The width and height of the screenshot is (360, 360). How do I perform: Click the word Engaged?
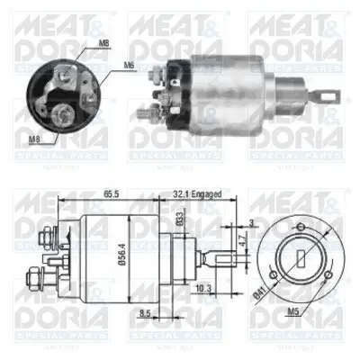pyautogui.click(x=209, y=193)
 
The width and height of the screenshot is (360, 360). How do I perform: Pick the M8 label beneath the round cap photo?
pyautogui.click(x=32, y=138)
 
